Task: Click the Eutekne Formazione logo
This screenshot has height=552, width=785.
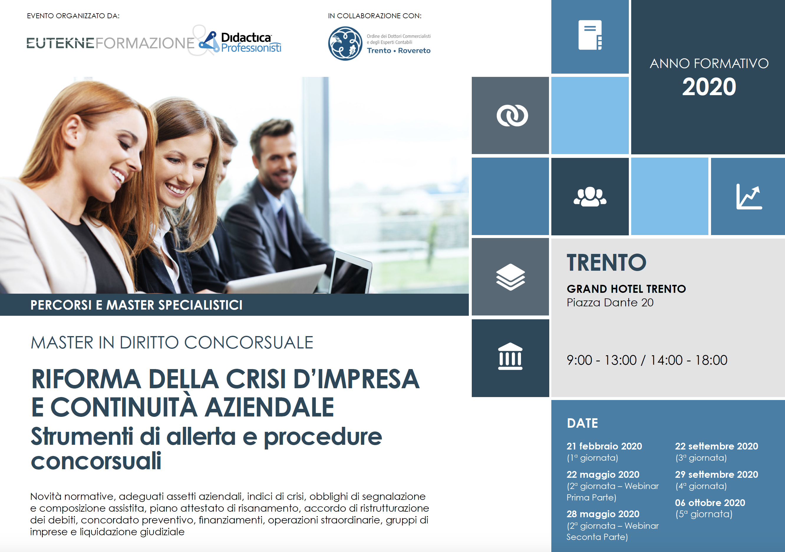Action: pyautogui.click(x=111, y=43)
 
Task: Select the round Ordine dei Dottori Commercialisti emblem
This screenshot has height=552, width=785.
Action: pyautogui.click(x=345, y=43)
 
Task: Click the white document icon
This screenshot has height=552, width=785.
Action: pyautogui.click(x=590, y=35)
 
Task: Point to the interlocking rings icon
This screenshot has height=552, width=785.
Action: pyautogui.click(x=512, y=115)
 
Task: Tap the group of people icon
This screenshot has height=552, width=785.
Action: pyautogui.click(x=590, y=196)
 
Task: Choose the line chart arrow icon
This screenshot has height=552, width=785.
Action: pyautogui.click(x=749, y=196)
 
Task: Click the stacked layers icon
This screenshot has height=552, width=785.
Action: pyautogui.click(x=510, y=277)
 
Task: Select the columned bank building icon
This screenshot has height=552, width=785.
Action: pyautogui.click(x=510, y=356)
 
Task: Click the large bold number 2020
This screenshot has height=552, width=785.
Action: pyautogui.click(x=709, y=87)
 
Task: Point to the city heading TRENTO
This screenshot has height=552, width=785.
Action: pyautogui.click(x=606, y=262)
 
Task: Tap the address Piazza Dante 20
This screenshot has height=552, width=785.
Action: pyautogui.click(x=610, y=303)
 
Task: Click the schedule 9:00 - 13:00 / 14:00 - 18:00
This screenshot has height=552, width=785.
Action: pyautogui.click(x=647, y=360)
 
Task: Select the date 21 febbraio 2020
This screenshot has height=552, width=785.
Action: pyautogui.click(x=604, y=446)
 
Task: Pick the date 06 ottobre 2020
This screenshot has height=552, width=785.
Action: pyautogui.click(x=710, y=503)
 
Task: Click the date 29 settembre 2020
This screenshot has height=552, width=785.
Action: pyautogui.click(x=716, y=475)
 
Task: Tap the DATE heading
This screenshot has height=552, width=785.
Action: pyautogui.click(x=582, y=423)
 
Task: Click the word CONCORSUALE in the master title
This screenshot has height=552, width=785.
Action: pyautogui.click(x=249, y=343)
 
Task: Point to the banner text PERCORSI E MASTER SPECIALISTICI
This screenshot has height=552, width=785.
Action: pyautogui.click(x=136, y=305)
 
